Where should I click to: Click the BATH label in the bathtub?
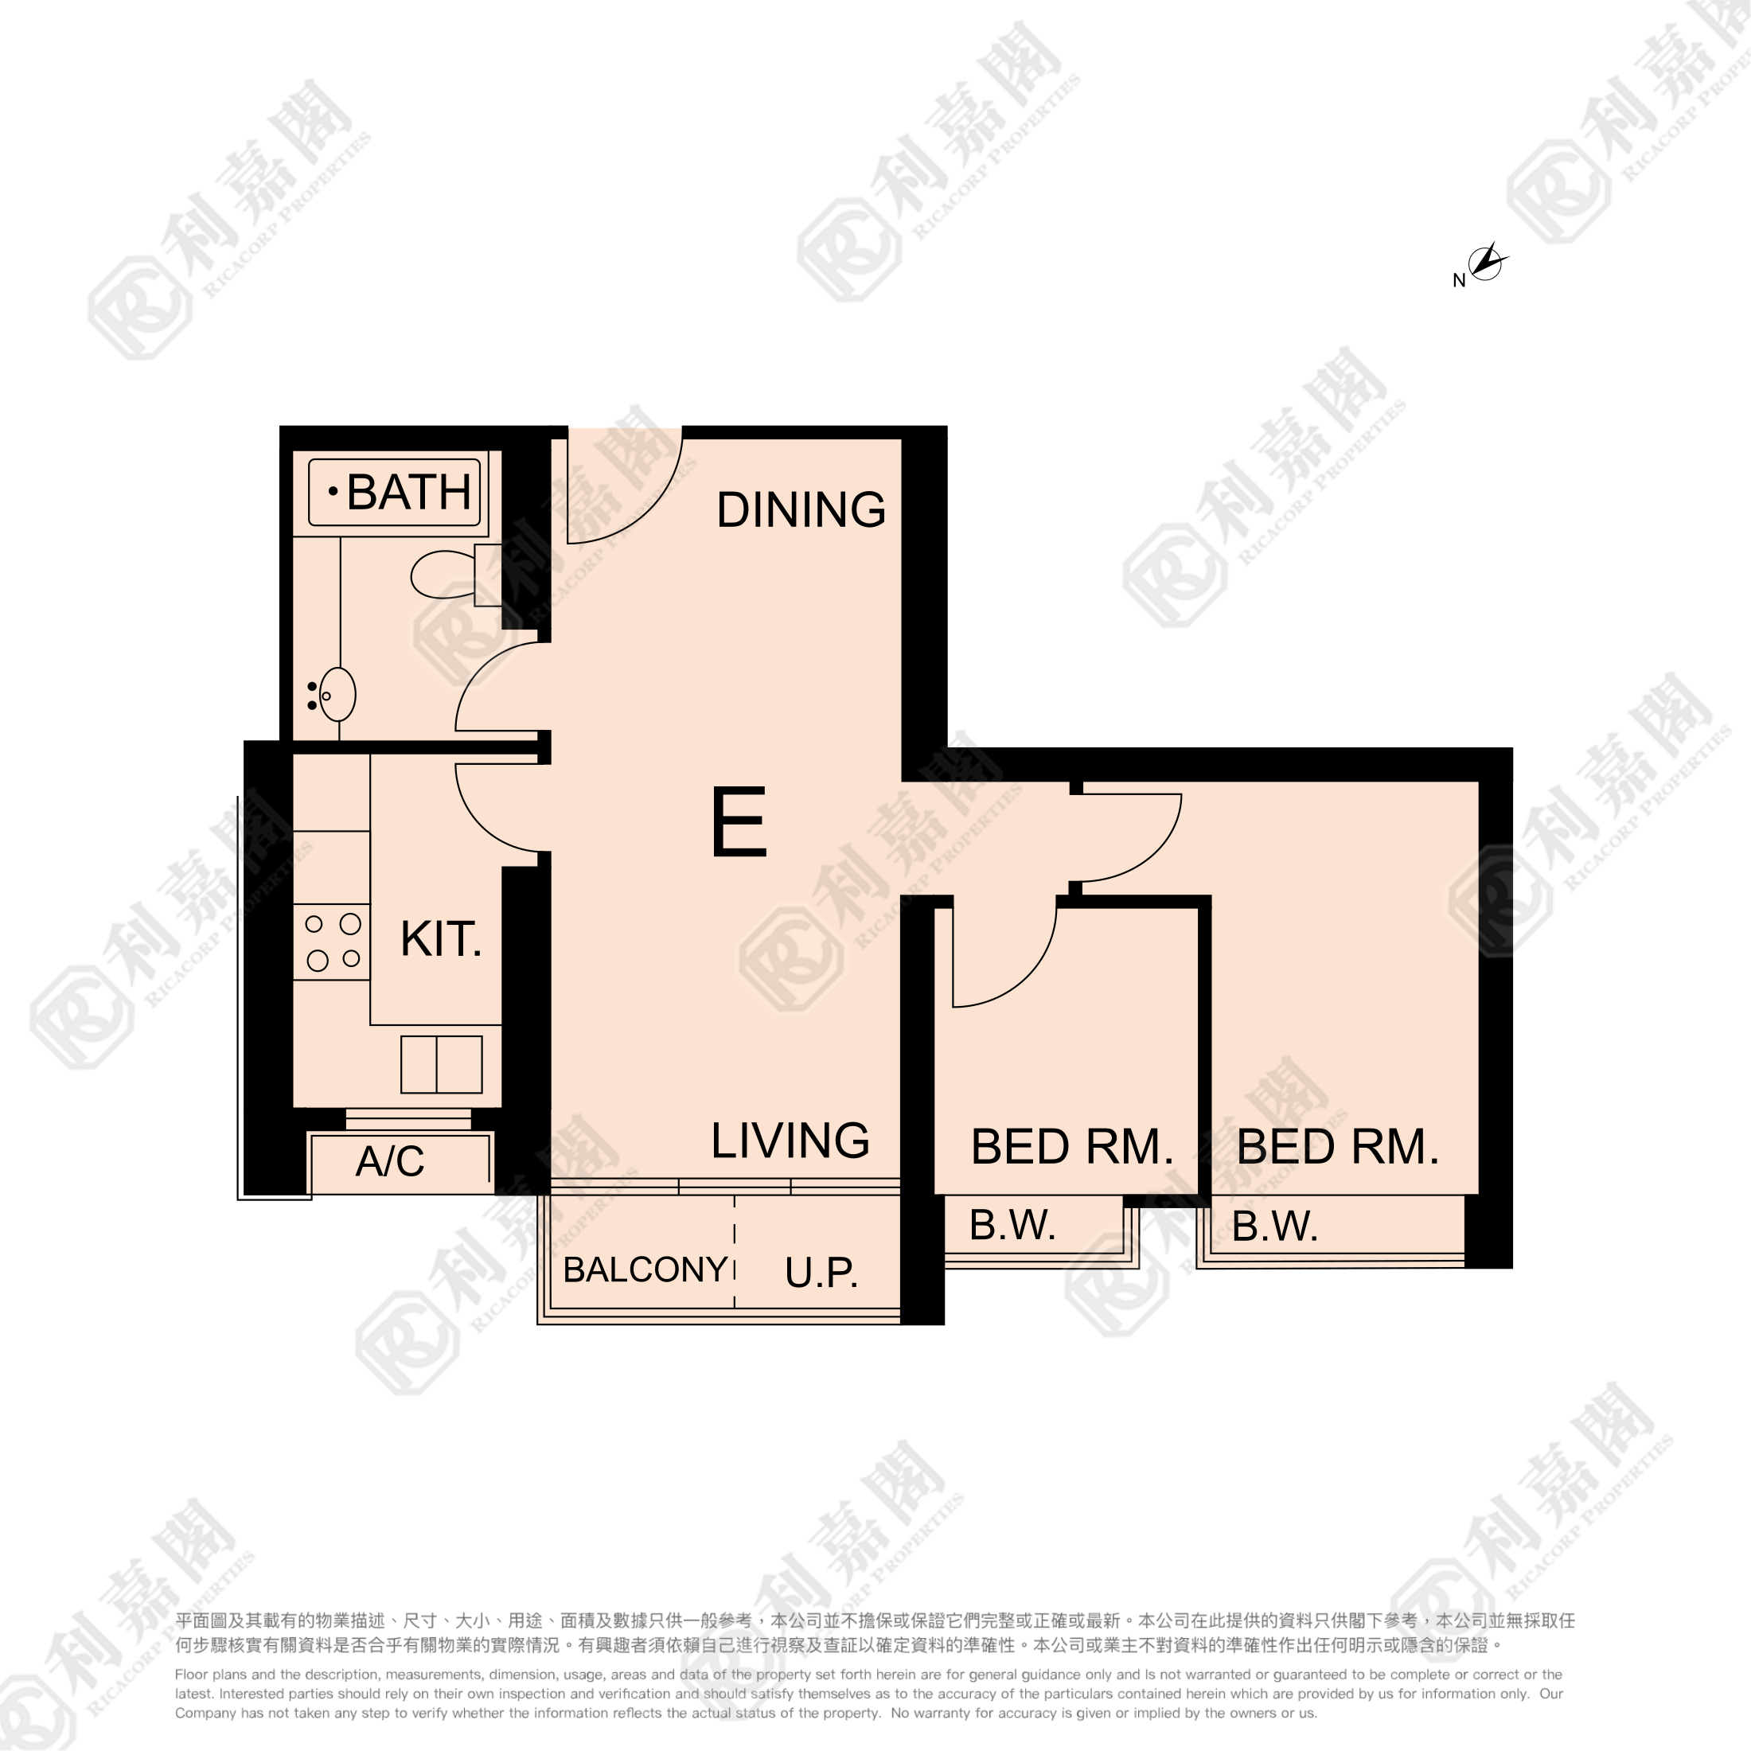coord(409,492)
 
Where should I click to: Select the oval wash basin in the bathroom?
coord(337,694)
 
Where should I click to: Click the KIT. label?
coord(442,939)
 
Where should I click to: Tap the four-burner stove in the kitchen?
coord(332,942)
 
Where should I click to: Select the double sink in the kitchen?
coord(442,1064)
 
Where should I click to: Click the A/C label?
coord(390,1161)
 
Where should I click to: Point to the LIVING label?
coord(790,1141)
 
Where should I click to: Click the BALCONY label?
coord(645,1269)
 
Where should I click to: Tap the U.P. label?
coord(821,1273)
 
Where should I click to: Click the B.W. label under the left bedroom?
coord(1012,1226)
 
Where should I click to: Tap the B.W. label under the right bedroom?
coord(1275,1226)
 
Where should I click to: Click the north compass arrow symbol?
coord(1486,262)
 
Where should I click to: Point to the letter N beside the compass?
coord(1459,281)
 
